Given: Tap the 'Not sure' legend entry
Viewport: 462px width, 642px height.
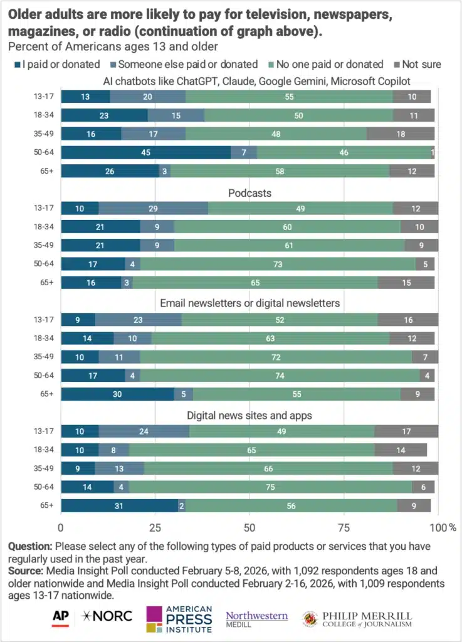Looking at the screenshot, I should (x=421, y=64).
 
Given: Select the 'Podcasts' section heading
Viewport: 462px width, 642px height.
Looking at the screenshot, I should (x=249, y=193).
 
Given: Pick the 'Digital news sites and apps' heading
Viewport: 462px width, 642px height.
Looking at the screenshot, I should (x=249, y=415).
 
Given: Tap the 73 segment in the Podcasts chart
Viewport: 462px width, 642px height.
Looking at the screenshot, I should (x=277, y=264).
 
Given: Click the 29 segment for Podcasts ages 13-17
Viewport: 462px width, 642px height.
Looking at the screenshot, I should (x=154, y=208).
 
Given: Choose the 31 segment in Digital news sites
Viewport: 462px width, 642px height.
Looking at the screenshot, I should (x=120, y=505).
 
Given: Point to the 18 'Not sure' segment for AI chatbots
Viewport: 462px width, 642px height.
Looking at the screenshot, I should (x=401, y=133).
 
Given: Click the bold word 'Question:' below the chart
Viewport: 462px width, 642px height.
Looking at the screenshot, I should (x=30, y=546).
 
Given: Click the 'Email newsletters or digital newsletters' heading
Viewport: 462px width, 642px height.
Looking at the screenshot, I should (x=249, y=303).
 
